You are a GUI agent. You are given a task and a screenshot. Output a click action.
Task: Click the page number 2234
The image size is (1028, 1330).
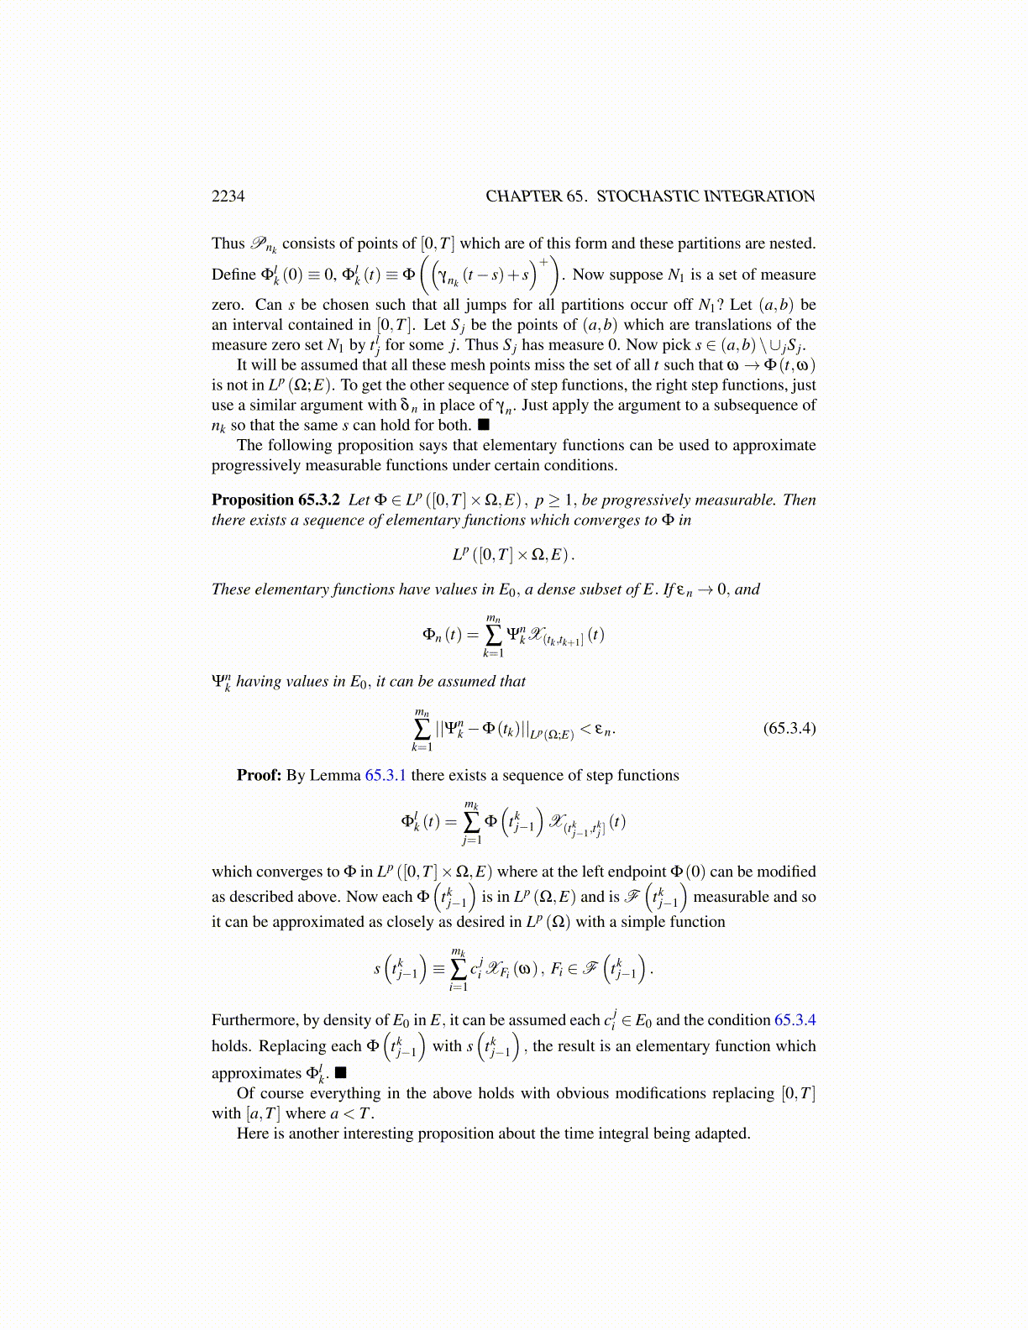(228, 196)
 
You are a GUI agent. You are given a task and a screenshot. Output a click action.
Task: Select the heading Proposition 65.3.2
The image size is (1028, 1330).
(275, 500)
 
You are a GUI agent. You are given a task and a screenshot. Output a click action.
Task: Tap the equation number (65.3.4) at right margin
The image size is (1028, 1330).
(789, 728)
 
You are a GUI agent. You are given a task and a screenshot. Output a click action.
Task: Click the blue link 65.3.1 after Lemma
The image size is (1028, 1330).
(385, 775)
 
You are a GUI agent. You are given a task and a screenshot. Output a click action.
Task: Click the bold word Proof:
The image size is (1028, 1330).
(259, 775)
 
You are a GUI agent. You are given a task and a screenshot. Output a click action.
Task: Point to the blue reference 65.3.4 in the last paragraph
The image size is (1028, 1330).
(795, 1020)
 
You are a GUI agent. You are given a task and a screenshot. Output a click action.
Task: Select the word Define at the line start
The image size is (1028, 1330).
(233, 275)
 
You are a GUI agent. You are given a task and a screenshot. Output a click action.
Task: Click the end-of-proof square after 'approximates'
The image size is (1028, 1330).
(340, 1073)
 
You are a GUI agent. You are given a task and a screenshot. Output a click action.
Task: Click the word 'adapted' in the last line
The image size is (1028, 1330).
(721, 1134)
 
